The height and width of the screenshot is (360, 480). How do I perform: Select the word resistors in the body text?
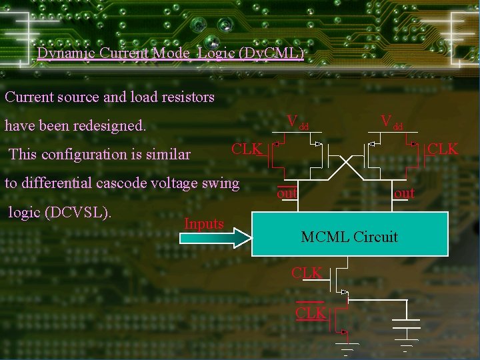187,97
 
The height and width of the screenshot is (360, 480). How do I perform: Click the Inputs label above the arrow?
204,224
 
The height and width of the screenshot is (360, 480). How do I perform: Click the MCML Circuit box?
349,235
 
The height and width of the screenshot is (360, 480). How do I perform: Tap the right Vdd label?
391,122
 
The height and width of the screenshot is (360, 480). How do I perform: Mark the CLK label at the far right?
443,149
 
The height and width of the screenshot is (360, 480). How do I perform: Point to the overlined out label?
287,193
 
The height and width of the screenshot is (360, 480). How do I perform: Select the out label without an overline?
404,193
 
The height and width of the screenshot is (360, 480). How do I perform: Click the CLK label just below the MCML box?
307,273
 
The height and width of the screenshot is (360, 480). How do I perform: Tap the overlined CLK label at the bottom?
311,313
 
